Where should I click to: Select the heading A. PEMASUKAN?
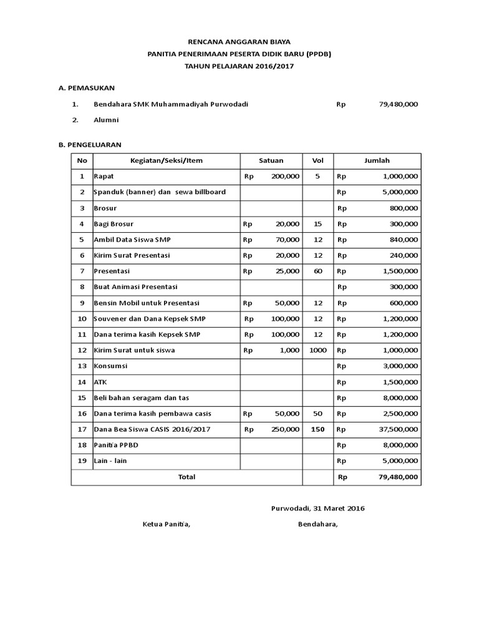coord(86,89)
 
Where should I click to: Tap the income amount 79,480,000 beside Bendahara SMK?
coord(398,104)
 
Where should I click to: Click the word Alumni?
coord(105,120)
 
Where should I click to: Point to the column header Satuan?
coord(271,160)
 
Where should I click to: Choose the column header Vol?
coord(317,160)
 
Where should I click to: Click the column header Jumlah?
coord(377,160)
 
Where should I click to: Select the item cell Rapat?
coord(104,177)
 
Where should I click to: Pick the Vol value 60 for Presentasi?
coord(317,271)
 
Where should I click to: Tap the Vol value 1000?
coord(317,350)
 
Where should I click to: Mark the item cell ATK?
coord(100,381)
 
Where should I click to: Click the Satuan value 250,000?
coord(284,429)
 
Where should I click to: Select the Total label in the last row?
coord(186,477)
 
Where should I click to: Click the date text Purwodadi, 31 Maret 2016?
coord(318,508)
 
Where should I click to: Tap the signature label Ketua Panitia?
coord(167,524)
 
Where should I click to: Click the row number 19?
coord(82,461)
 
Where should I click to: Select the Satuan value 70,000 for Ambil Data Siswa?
coord(286,240)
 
